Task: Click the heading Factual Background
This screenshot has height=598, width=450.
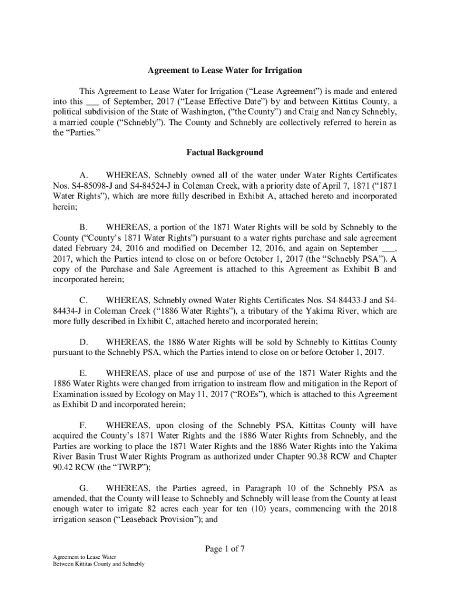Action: pyautogui.click(x=224, y=153)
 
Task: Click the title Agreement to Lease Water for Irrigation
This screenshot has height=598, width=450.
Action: pyautogui.click(x=224, y=71)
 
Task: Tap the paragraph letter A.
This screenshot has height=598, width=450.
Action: pyautogui.click(x=83, y=175)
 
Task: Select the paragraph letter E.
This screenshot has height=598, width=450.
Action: pyautogui.click(x=83, y=373)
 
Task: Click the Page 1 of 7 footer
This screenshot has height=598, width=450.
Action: pyautogui.click(x=224, y=549)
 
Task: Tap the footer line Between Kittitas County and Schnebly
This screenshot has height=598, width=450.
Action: pyautogui.click(x=98, y=564)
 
